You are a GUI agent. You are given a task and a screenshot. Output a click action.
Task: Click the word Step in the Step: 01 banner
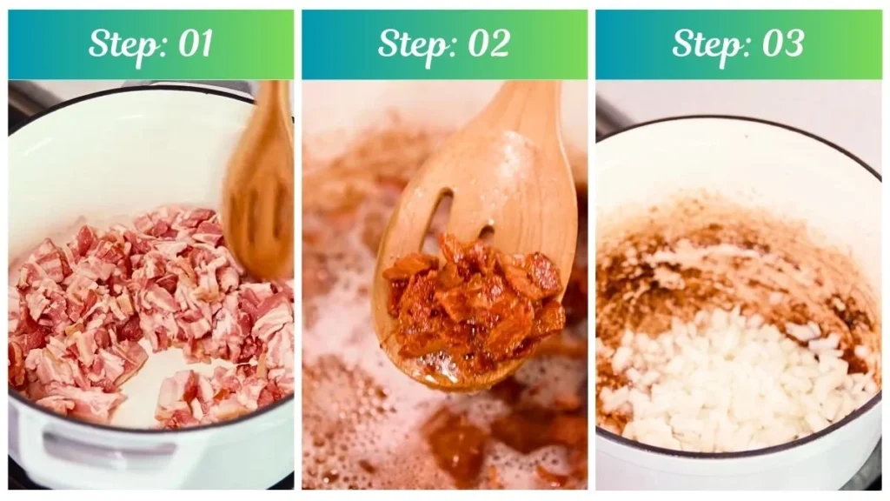[x=118, y=44]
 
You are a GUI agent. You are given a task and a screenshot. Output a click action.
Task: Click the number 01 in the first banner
[x=193, y=44]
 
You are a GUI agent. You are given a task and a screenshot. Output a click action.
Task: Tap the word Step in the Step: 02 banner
[x=408, y=44]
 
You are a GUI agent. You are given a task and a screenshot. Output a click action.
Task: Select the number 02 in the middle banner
[x=487, y=44]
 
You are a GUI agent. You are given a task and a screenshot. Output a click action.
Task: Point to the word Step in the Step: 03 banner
[x=702, y=44]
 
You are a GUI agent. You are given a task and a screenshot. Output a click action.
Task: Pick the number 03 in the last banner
[x=780, y=44]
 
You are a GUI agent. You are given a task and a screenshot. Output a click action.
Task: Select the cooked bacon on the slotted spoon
[x=474, y=296]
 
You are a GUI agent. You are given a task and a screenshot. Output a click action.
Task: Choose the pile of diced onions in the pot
[x=739, y=374]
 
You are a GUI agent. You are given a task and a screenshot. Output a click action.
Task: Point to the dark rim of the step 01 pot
[x=130, y=90]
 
